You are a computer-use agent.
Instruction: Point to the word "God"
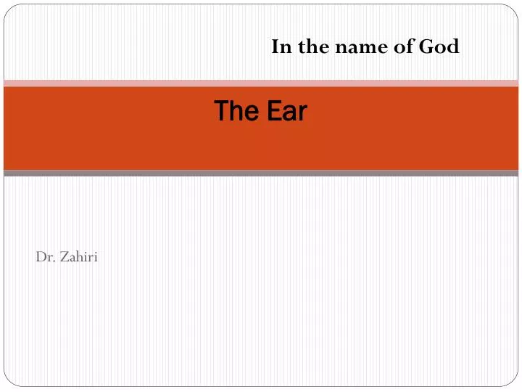tap(439, 47)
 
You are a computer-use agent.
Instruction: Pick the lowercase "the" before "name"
tap(307, 47)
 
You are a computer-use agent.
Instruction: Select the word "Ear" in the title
tap(287, 111)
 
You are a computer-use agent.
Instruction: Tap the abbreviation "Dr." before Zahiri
tap(43, 256)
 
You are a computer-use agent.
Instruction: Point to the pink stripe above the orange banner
tap(261, 83)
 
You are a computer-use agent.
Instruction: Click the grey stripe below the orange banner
tap(261, 173)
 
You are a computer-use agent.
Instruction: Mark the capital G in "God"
tap(426, 47)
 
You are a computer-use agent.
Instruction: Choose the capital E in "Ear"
tap(272, 111)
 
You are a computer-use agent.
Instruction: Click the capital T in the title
tap(221, 111)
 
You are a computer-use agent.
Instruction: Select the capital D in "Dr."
tap(40, 256)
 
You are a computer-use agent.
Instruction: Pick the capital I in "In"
tap(275, 47)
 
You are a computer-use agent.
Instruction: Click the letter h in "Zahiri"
tap(77, 256)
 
